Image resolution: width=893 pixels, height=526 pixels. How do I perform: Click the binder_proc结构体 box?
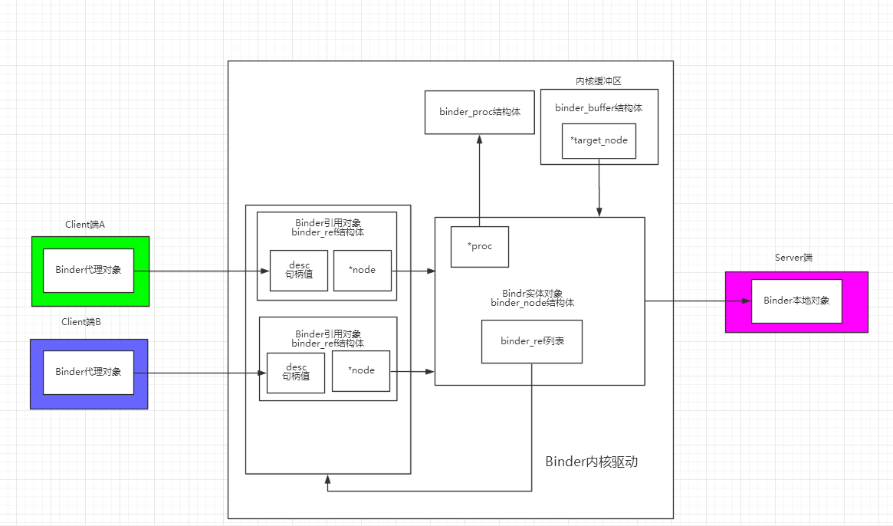pos(480,112)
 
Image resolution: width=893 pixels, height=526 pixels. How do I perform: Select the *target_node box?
pos(599,141)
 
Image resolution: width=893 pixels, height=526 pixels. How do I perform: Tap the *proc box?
pos(480,246)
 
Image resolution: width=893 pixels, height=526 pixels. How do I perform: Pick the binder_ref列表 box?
pos(532,341)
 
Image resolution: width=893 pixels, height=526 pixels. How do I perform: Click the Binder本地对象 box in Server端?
pos(796,301)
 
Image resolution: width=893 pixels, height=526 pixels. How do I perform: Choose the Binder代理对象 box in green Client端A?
pos(88,270)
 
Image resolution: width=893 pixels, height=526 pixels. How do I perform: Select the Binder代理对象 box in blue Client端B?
pos(88,372)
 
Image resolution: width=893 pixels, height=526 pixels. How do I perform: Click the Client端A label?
pos(85,225)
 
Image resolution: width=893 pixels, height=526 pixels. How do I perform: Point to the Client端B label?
pos(81,322)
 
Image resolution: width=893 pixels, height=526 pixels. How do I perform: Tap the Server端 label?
pos(793,258)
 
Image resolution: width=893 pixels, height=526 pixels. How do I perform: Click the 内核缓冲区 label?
pos(599,81)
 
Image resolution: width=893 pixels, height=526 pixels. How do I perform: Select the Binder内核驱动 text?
pos(592,462)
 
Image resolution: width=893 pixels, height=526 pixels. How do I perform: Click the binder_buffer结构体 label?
pos(599,108)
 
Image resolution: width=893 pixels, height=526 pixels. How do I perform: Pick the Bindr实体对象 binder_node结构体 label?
pos(533,298)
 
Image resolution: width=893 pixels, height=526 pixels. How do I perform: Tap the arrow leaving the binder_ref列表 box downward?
pos(532,429)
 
